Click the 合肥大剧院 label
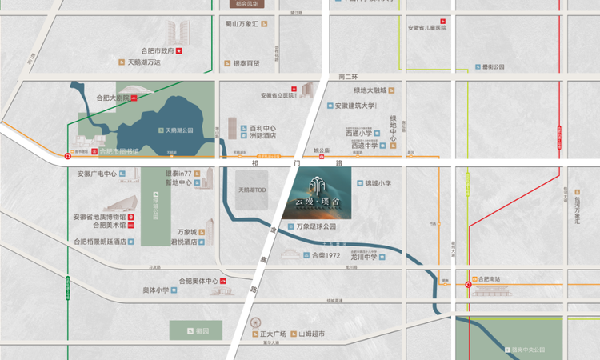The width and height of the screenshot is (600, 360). point(111,98)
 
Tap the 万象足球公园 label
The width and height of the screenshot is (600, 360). point(316,226)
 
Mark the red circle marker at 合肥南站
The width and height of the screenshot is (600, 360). point(469,284)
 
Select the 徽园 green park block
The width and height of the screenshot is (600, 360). point(196,330)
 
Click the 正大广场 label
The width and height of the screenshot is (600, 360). point(273,333)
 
